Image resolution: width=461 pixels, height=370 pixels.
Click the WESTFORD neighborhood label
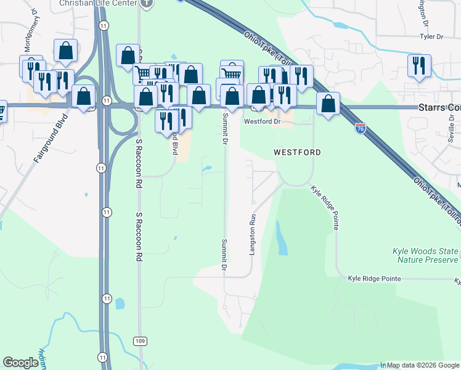pos(298,152)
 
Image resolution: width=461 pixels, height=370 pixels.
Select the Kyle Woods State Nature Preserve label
pos(425,255)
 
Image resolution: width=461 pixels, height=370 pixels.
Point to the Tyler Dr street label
pos(431,37)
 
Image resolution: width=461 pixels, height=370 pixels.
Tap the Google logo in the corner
pos(20,363)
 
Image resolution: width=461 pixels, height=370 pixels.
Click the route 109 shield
pos(140,341)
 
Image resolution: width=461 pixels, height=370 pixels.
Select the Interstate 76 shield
pos(361,128)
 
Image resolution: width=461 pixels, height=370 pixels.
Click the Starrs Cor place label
pos(439,108)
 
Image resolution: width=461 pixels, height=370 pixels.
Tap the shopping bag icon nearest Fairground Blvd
pos(83,97)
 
